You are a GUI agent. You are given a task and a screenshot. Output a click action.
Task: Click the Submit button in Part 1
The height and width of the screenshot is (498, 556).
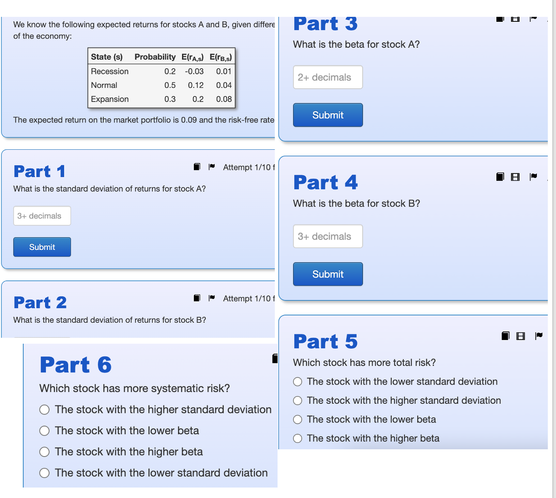(42, 247)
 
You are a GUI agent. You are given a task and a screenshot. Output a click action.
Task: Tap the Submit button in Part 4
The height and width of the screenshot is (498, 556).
(328, 274)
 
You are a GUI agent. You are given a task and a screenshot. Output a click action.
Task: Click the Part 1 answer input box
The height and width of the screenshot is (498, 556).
(42, 216)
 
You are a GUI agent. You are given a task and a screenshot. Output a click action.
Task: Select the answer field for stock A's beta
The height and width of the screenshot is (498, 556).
(328, 77)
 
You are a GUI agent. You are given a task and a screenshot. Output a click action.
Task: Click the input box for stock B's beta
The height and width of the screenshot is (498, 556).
(328, 236)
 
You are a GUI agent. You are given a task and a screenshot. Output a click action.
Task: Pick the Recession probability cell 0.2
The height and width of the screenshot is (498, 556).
(170, 71)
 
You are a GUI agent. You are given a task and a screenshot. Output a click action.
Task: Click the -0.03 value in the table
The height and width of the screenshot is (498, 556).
(194, 71)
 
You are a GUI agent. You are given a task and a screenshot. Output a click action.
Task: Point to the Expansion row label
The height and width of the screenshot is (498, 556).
(110, 99)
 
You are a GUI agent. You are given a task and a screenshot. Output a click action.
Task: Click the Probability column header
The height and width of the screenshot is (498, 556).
(155, 57)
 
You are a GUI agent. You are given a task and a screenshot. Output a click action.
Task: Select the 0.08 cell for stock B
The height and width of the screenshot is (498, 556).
(224, 99)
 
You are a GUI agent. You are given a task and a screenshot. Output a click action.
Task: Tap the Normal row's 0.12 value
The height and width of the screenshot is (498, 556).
(196, 85)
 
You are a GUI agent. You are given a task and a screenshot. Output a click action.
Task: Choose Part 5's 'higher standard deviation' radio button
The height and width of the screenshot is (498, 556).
(298, 401)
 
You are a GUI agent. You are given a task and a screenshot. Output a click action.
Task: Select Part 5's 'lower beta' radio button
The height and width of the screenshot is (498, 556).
(298, 420)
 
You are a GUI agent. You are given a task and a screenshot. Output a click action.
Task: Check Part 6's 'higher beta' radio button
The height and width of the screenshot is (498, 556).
(45, 452)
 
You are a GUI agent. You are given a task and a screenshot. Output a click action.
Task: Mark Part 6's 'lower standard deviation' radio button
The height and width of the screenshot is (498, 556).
(45, 473)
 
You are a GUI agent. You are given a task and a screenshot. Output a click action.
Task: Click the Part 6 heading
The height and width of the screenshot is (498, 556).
(76, 365)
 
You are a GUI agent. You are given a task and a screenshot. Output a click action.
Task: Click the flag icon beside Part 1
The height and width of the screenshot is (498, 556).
(212, 167)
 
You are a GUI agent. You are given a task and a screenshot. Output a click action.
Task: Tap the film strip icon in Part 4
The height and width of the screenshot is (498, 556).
(515, 177)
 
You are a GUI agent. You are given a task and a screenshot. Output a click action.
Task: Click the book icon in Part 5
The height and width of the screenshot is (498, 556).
(505, 336)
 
